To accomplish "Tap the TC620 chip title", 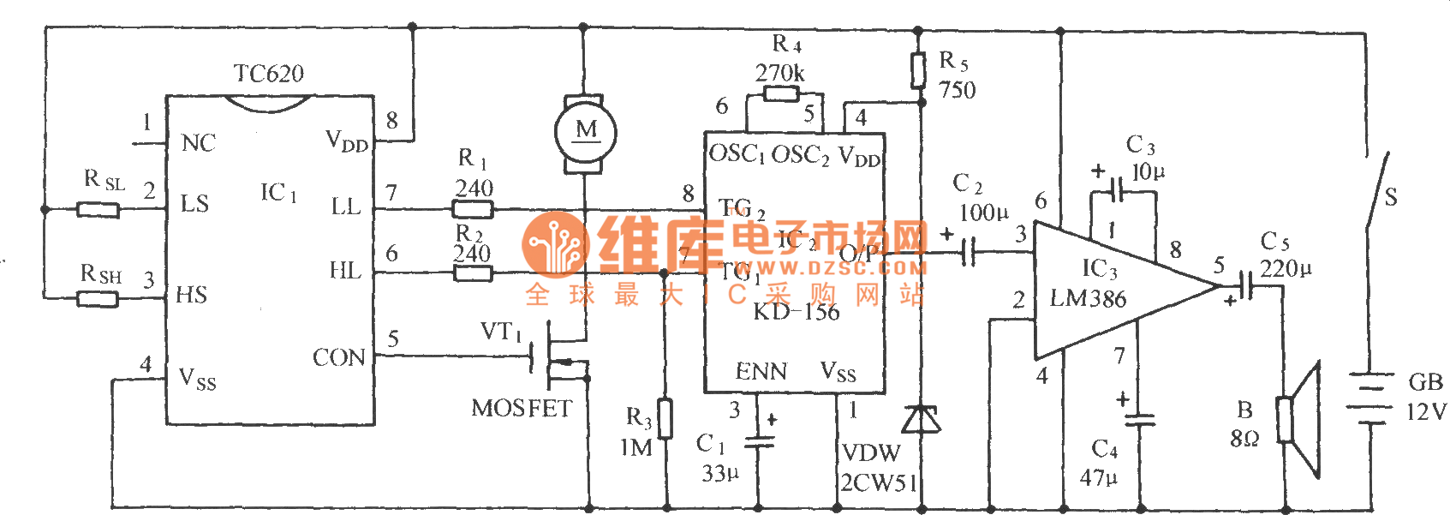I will [x=269, y=74].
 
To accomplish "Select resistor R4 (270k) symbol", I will [x=781, y=93].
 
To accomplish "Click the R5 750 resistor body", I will [x=919, y=70].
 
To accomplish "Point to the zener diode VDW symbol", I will [x=921, y=420].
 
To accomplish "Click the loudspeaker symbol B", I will [x=1298, y=420].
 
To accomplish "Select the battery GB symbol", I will [x=1370, y=398].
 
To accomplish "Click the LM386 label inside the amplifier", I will [x=1088, y=299].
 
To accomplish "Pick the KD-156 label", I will [x=796, y=312].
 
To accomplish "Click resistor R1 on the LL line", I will [x=472, y=208].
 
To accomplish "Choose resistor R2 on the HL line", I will [x=472, y=273].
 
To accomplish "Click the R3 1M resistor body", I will [x=665, y=419].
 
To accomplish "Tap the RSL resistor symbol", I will [x=98, y=209].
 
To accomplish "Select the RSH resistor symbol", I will [x=98, y=299].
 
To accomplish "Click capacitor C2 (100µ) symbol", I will [x=969, y=252].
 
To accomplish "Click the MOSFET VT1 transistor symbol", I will [x=557, y=360].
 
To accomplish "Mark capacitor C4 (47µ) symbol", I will [x=1139, y=420].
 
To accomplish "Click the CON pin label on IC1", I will [x=339, y=357].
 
